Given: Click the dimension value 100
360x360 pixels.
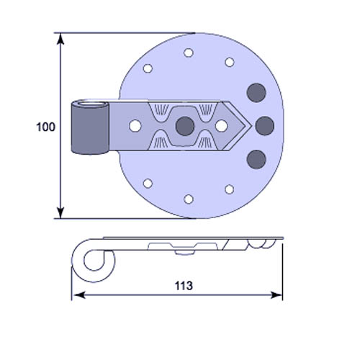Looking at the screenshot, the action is pyautogui.click(x=45, y=127).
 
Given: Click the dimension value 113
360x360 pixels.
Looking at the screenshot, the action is pyautogui.click(x=184, y=286).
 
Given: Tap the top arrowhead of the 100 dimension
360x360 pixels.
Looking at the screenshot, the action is pyautogui.click(x=60, y=39).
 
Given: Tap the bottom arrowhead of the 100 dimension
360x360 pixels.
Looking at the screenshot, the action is pyautogui.click(x=60, y=212).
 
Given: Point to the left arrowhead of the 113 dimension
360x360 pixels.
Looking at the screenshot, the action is pyautogui.click(x=78, y=295).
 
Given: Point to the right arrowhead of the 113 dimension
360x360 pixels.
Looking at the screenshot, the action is pyautogui.click(x=276, y=295).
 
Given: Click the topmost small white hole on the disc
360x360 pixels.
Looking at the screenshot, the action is pyautogui.click(x=189, y=53).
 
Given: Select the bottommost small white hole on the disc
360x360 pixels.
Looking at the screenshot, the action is pyautogui.click(x=189, y=199).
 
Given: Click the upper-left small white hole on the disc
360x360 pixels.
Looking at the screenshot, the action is pyautogui.click(x=148, y=68).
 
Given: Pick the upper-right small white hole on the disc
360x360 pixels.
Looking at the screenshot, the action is pyautogui.click(x=230, y=62).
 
